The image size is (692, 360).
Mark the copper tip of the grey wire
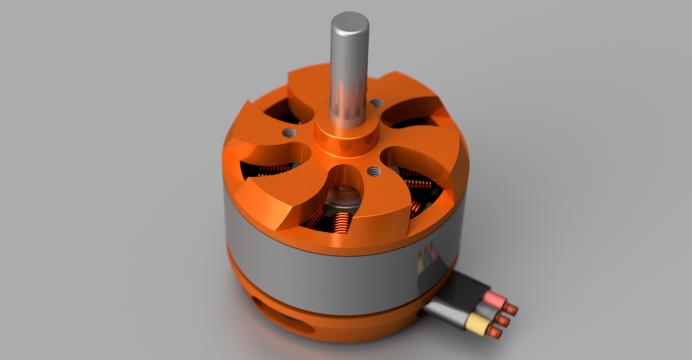click(x=504, y=320)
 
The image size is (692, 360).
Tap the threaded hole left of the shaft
click(x=288, y=132)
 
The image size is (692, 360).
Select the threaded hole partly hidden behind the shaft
click(x=375, y=103)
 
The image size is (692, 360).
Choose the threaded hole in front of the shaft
click(x=373, y=171)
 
